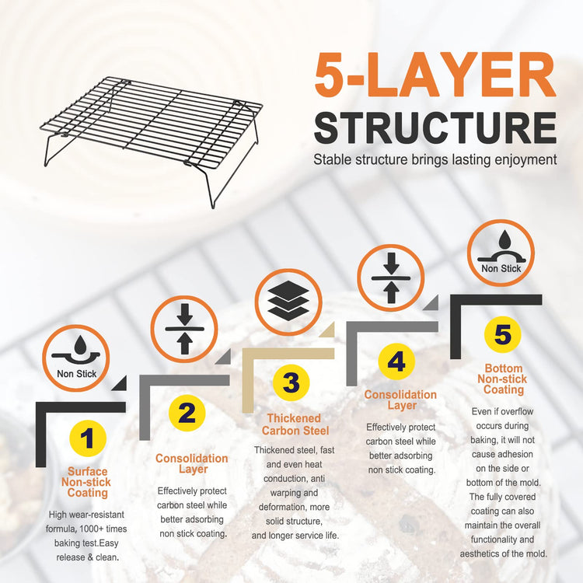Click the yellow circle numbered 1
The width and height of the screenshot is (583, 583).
tap(88, 438)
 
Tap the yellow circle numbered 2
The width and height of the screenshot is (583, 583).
tap(187, 413)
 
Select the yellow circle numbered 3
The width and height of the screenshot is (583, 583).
tap(291, 382)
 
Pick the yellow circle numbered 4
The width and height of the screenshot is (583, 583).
tap(396, 361)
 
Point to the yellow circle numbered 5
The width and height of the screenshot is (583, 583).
tap(503, 334)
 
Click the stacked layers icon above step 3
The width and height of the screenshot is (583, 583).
tap(288, 302)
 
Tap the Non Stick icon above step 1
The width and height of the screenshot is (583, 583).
tap(76, 358)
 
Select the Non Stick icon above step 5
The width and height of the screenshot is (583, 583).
tap(501, 253)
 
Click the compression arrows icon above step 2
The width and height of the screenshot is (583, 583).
tap(184, 329)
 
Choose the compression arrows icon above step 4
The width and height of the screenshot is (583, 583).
tap(391, 278)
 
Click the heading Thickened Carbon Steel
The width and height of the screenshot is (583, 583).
tap(295, 424)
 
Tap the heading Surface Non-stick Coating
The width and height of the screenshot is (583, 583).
tap(87, 482)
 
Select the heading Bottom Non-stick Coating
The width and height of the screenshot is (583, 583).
tap(503, 379)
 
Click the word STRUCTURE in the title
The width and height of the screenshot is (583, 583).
tap(435, 128)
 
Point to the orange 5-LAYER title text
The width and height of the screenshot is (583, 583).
tap(435, 75)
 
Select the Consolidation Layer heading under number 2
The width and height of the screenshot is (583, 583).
tap(192, 463)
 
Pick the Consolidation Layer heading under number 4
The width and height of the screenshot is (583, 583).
tap(400, 400)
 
